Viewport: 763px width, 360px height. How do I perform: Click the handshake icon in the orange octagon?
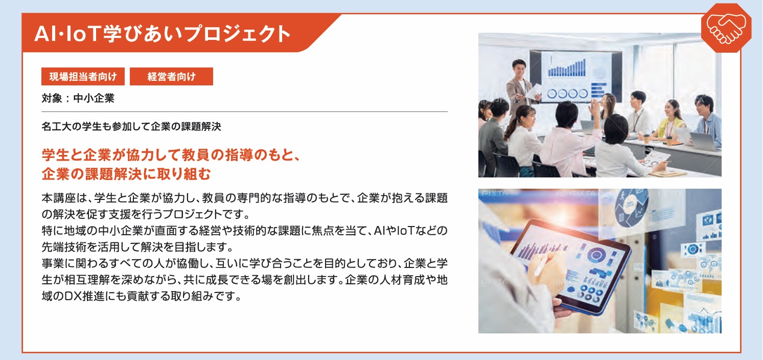726,29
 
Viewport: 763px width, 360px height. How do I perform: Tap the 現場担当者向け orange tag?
83,76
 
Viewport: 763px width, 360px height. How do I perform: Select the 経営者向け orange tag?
171,76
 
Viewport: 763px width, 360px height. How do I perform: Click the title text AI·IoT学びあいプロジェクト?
163,34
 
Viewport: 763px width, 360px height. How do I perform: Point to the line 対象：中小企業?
78,98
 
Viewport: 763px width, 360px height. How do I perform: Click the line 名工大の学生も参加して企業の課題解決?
131,126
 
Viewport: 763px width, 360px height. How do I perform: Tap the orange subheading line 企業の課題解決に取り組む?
126,174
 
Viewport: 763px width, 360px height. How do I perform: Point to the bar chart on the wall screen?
567,67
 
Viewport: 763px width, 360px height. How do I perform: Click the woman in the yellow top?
672,119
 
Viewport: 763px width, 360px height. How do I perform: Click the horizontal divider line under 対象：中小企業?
245,111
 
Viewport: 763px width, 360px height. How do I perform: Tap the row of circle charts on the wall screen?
567,93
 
